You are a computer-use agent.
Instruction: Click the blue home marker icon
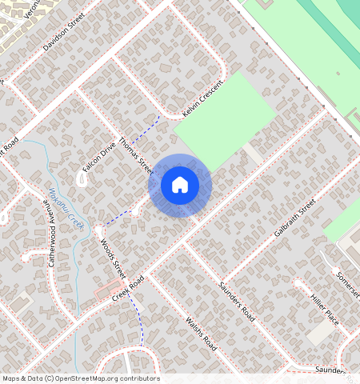coord(180,185)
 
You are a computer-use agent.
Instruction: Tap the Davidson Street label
coord(64,35)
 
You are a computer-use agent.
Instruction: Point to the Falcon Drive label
coord(99,157)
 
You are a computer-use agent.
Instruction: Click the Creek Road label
coord(128,290)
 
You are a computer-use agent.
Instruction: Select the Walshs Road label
coord(201,334)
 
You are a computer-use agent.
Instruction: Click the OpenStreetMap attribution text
coord(81,378)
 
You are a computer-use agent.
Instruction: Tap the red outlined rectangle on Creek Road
coord(110,291)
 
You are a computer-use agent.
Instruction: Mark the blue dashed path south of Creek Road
coord(140,320)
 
